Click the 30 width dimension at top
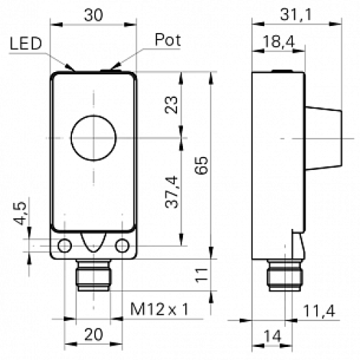94,14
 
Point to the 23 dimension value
171,106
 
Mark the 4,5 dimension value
21,213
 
